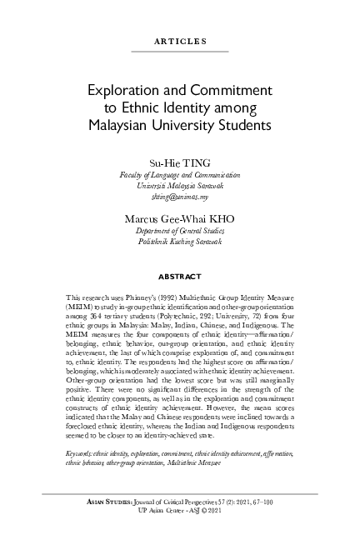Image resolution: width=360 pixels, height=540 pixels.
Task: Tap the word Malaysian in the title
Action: click(131, 125)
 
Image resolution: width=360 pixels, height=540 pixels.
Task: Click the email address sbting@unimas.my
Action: click(180, 198)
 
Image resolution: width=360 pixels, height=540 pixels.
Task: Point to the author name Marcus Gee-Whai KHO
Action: click(180, 217)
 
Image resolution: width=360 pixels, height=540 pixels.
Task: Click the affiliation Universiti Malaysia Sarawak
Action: click(180, 187)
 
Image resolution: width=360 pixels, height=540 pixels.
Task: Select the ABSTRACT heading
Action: click(180, 274)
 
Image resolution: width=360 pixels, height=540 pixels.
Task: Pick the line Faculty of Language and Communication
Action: click(180, 176)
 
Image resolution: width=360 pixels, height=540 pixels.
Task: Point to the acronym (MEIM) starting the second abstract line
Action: click(77, 307)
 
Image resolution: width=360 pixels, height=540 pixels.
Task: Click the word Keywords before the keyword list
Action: click(81, 450)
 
